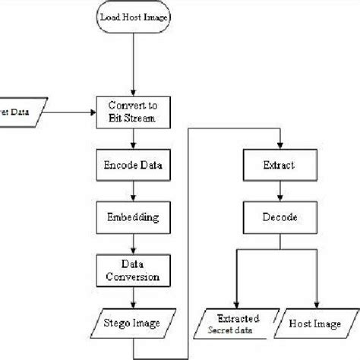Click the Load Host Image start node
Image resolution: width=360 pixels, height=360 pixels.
[134, 17]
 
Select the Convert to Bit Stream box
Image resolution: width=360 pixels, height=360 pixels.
[134, 112]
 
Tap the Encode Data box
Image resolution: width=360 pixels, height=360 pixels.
[134, 164]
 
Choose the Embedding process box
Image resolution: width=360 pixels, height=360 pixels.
[134, 217]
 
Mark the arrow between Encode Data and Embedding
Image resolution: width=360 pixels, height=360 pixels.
[134, 191]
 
